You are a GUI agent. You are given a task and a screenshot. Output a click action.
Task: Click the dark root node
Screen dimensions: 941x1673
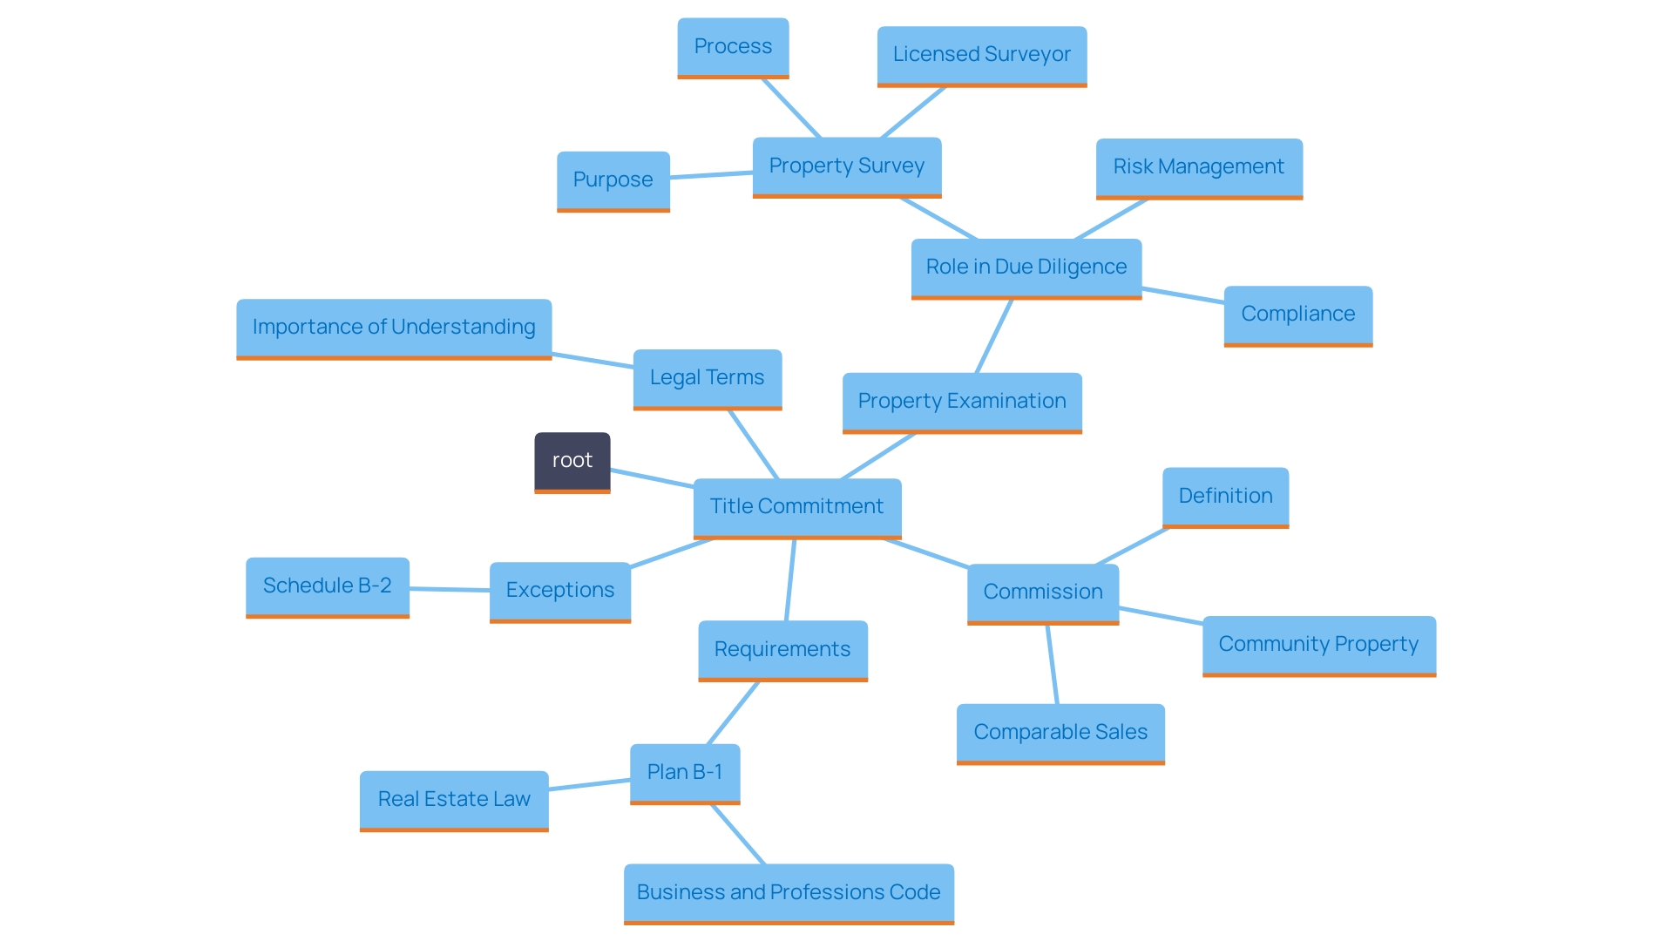[x=572, y=461]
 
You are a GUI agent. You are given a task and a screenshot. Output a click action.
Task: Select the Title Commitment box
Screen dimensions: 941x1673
[x=796, y=507]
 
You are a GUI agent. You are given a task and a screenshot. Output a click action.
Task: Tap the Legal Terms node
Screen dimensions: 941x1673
[x=707, y=378]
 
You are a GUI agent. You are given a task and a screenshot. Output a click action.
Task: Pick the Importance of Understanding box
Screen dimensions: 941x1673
[x=394, y=328]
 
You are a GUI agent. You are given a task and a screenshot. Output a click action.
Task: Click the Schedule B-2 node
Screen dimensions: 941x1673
[x=328, y=586]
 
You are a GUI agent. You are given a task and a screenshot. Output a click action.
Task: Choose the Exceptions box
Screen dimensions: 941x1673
[x=559, y=591]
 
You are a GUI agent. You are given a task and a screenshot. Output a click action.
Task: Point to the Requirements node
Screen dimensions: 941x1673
[x=782, y=650]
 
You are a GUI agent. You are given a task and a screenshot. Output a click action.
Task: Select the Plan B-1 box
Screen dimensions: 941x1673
[x=685, y=773]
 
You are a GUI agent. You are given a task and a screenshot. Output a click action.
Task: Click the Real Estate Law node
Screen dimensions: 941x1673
[x=454, y=800]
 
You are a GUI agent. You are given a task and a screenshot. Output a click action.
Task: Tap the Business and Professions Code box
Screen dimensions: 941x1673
[x=789, y=893]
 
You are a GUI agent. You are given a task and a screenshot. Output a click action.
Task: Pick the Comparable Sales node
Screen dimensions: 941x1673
[x=1060, y=733]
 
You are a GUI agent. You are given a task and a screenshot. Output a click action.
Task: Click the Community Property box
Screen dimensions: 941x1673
[x=1318, y=645]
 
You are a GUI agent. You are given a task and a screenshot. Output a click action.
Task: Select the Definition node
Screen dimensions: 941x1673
[x=1225, y=497]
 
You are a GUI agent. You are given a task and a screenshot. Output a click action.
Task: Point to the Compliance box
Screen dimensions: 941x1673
[x=1297, y=315]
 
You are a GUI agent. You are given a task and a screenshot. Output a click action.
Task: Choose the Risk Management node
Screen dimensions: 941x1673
[x=1199, y=167]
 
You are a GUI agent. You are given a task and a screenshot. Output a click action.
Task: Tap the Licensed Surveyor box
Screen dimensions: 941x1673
[x=981, y=55]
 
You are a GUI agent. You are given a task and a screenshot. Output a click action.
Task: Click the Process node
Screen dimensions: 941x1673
[x=733, y=47]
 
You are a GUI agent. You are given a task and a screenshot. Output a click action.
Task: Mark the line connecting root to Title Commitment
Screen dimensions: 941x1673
[x=652, y=477]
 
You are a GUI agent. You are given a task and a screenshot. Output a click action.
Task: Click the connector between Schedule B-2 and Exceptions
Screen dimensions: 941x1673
[x=450, y=589]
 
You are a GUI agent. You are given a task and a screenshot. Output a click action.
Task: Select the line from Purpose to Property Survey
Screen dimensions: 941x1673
[x=711, y=175]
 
